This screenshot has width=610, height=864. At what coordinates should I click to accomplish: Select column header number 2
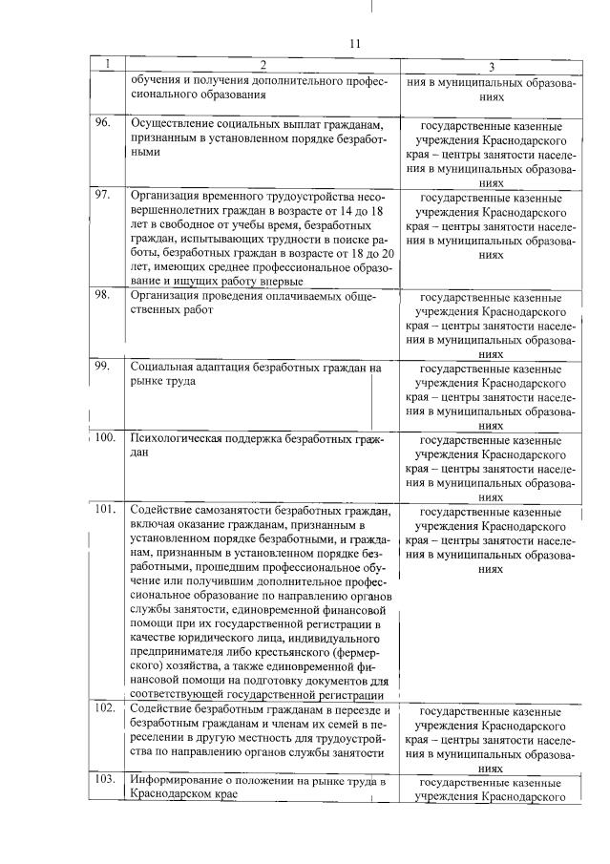[261, 64]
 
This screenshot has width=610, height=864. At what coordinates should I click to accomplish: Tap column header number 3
[490, 66]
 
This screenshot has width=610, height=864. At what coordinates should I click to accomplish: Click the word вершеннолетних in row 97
[176, 210]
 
